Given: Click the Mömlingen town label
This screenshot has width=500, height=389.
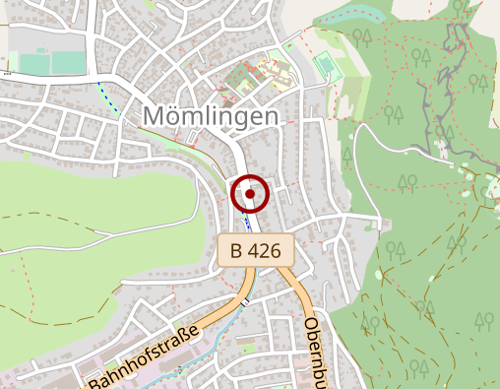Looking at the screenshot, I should pos(211,115).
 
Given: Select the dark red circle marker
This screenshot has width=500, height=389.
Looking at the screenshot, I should pos(251,194).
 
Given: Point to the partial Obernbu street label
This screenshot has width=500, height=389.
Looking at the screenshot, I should pos(316,351).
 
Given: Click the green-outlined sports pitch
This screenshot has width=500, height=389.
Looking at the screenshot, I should pos(324,67).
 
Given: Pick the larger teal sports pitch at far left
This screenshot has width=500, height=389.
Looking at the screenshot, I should pos(69,62).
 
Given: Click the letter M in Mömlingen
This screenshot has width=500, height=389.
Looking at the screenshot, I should pos(156,115).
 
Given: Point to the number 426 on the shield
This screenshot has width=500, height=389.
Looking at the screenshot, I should pos(267,251).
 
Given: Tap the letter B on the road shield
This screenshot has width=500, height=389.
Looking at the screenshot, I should pos(236,251).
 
